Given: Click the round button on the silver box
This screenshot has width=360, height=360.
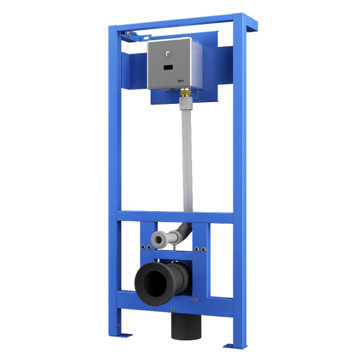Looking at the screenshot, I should click(x=168, y=53).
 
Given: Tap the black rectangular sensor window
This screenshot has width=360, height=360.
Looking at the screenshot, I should click(x=168, y=67).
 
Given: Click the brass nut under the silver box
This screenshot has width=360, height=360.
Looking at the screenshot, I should click(x=185, y=93).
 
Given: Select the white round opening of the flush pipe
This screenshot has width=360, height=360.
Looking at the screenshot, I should click(x=159, y=239).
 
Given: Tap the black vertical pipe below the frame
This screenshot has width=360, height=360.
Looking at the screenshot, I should click(x=185, y=327).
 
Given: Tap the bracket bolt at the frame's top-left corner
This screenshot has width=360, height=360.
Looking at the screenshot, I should click(x=128, y=34).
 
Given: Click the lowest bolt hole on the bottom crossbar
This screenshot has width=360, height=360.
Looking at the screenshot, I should click(x=173, y=310).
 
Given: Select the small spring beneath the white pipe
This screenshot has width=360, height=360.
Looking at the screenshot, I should click(x=173, y=248).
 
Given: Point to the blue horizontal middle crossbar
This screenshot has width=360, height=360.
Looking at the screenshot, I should click(x=174, y=217).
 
